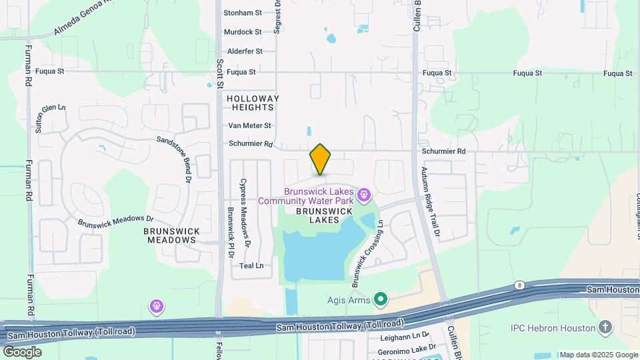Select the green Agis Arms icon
[381, 300]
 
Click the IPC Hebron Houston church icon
[605, 327]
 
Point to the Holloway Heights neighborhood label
[253, 103]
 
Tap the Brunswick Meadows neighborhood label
[171, 235]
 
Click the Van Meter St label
[250, 125]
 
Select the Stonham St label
[243, 13]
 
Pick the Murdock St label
[243, 32]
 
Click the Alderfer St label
[245, 51]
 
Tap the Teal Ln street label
[251, 265]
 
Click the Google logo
[22, 351]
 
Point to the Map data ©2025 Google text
[598, 355]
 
